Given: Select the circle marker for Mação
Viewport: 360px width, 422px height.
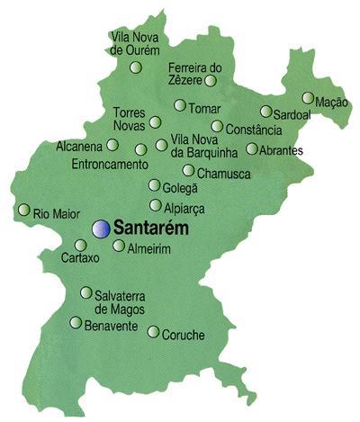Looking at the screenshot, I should [309, 98].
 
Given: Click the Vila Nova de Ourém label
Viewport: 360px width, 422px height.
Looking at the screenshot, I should [133, 43].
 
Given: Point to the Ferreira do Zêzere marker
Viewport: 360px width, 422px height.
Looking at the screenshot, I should [211, 80].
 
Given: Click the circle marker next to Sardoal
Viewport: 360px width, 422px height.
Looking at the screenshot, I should [265, 112].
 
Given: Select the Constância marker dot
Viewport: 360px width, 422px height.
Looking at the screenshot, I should [217, 126].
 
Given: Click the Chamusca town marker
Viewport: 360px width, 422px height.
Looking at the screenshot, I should [188, 170].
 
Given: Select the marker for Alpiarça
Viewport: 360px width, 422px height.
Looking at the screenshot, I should [156, 205].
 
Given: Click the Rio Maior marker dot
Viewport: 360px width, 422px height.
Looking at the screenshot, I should [24, 210].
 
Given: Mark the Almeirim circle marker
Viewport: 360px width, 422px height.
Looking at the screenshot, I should [119, 245].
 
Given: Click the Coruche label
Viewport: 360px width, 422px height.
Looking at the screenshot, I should [183, 336].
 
